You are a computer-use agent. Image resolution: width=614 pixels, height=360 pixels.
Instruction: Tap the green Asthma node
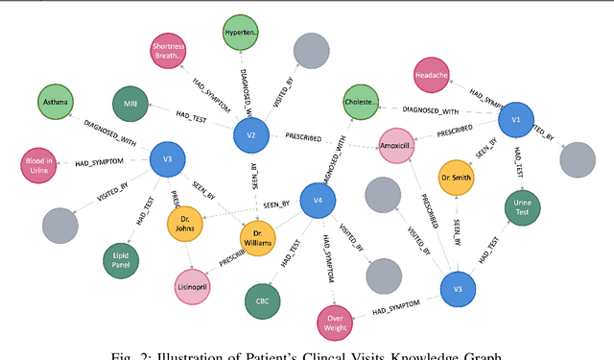53,101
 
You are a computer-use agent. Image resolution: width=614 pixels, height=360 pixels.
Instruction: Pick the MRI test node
130,104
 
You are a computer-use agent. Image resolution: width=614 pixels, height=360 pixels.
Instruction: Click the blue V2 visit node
250,136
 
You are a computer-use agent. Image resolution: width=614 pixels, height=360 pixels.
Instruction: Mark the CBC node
263,301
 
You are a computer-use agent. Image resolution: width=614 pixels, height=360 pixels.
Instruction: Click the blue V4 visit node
318,200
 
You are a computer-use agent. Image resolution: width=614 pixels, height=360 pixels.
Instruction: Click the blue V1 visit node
515,120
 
